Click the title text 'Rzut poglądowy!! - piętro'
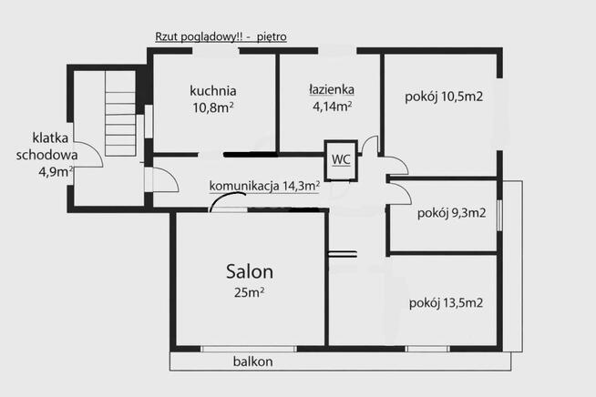(221, 37)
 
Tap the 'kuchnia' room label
(213, 91)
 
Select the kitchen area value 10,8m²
(213, 107)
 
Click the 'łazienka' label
(330, 90)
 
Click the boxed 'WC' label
(341, 158)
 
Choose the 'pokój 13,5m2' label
(446, 302)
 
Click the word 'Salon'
(250, 270)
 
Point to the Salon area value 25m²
(250, 291)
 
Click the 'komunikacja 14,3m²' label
(264, 186)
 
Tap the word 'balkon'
(252, 361)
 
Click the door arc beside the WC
(369, 145)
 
